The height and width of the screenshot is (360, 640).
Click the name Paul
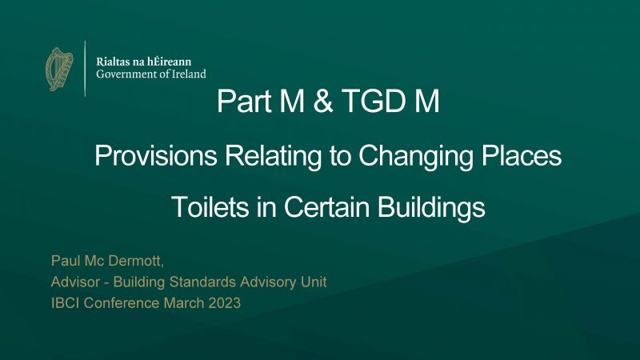tap(62, 262)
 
